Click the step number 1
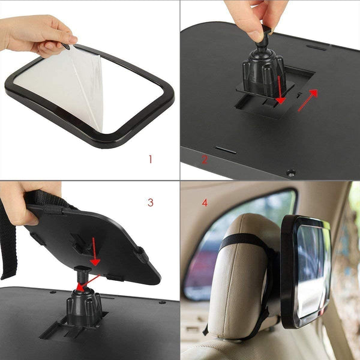pyautogui.click(x=150, y=159)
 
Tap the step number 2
pyautogui.click(x=204, y=160)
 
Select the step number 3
pyautogui.click(x=150, y=202)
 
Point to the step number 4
pyautogui.click(x=205, y=203)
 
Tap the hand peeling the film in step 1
pyautogui.click(x=36, y=33)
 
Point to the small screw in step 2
pyautogui.click(x=291, y=173)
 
